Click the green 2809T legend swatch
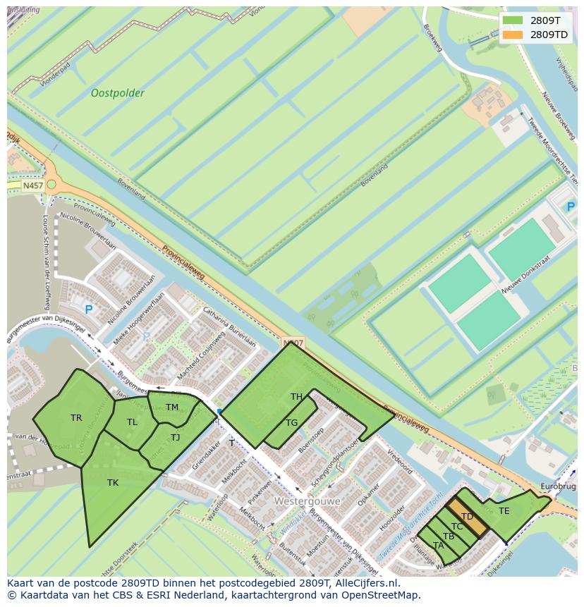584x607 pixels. [x=513, y=20]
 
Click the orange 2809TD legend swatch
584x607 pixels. [x=513, y=35]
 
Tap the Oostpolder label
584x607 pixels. [x=118, y=93]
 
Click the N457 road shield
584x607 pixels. [x=32, y=185]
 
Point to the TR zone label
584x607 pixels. [x=76, y=418]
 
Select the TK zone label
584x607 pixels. [x=113, y=483]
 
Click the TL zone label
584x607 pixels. [x=132, y=422]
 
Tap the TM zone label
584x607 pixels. [x=172, y=407]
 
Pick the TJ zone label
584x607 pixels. [x=175, y=438]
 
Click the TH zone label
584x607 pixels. [x=296, y=397]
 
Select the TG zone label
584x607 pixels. [x=291, y=423]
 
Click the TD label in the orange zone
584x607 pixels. [x=467, y=517]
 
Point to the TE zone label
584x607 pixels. [x=504, y=511]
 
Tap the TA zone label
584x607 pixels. [x=439, y=546]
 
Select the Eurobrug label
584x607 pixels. [x=558, y=487]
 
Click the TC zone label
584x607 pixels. [x=457, y=527]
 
